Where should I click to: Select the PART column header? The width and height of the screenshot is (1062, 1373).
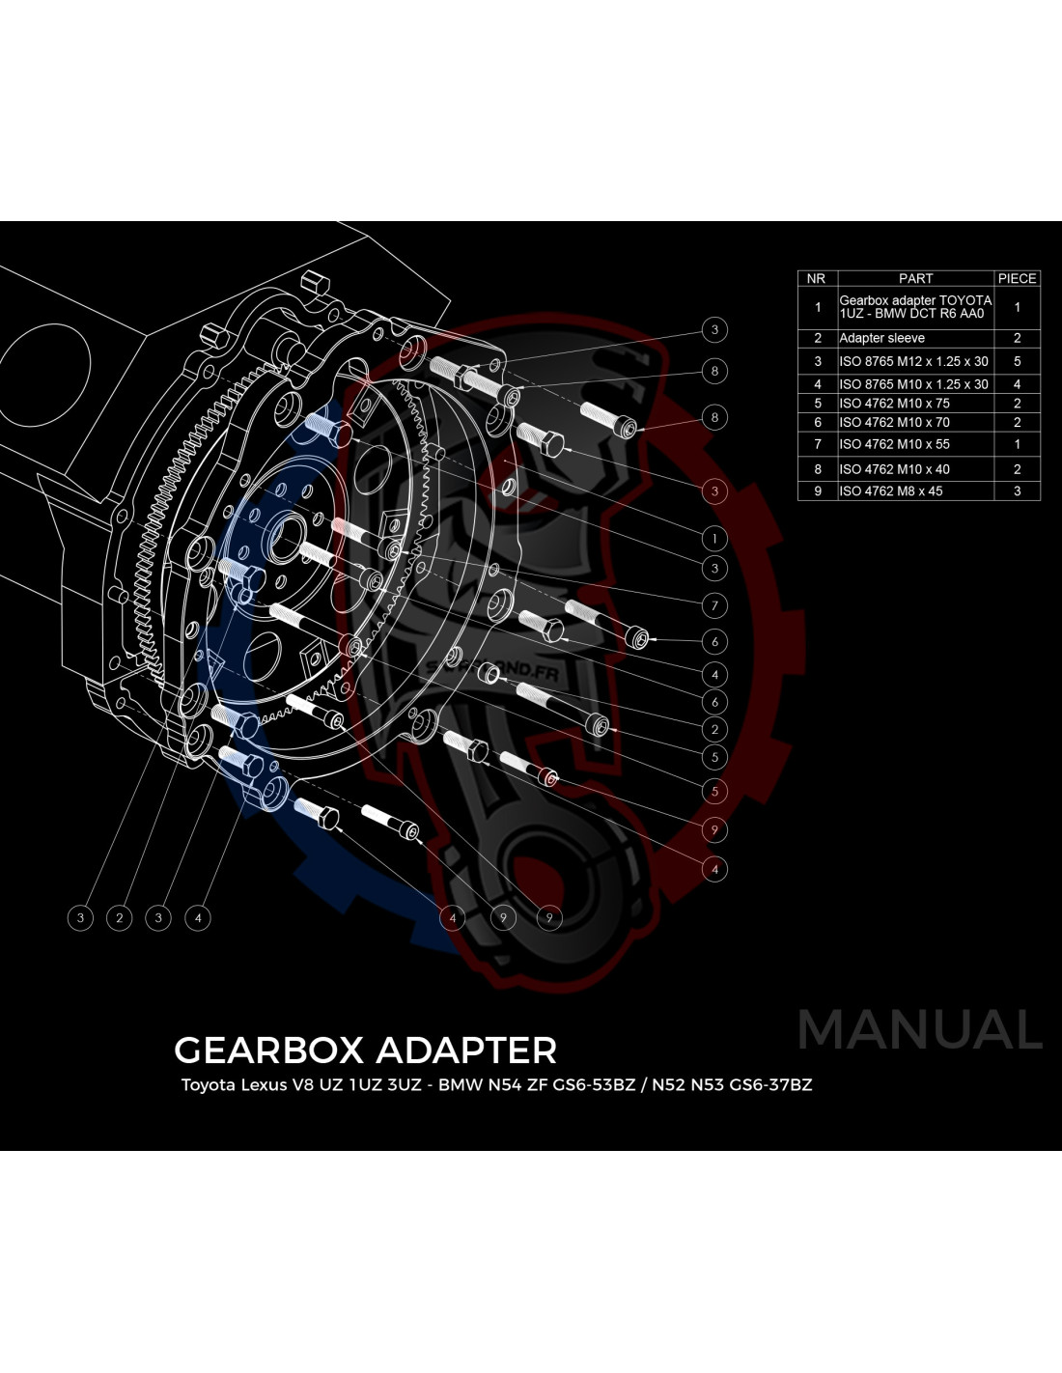coord(915,279)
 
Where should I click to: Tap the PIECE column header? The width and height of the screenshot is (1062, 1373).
coord(1018,279)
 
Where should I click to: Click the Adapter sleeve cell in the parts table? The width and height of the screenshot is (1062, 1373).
coord(915,339)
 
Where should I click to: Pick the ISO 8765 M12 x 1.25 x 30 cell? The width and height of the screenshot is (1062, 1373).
coord(915,361)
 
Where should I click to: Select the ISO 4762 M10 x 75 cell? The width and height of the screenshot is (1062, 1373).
coord(915,404)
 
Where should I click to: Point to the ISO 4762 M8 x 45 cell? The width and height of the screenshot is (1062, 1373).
coord(915,490)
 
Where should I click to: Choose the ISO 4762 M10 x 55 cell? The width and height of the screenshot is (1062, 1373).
coord(915,444)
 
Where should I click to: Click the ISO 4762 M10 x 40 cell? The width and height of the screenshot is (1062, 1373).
coord(915,469)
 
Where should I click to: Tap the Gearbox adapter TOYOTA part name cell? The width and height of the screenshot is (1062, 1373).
coord(915,308)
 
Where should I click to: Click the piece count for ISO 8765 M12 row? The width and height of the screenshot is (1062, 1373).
coord(1018,361)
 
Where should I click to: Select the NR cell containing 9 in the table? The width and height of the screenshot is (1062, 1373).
coord(818,490)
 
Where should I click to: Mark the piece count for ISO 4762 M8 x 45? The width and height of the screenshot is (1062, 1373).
coord(1018,490)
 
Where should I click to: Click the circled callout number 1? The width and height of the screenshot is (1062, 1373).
coord(714,539)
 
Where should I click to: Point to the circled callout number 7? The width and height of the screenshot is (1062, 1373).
coord(714,606)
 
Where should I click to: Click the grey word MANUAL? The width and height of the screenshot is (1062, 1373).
coord(920,1030)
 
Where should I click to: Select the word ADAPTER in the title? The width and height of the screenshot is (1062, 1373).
coord(466,1051)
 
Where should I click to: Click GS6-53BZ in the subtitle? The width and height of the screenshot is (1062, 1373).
coord(594,1085)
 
